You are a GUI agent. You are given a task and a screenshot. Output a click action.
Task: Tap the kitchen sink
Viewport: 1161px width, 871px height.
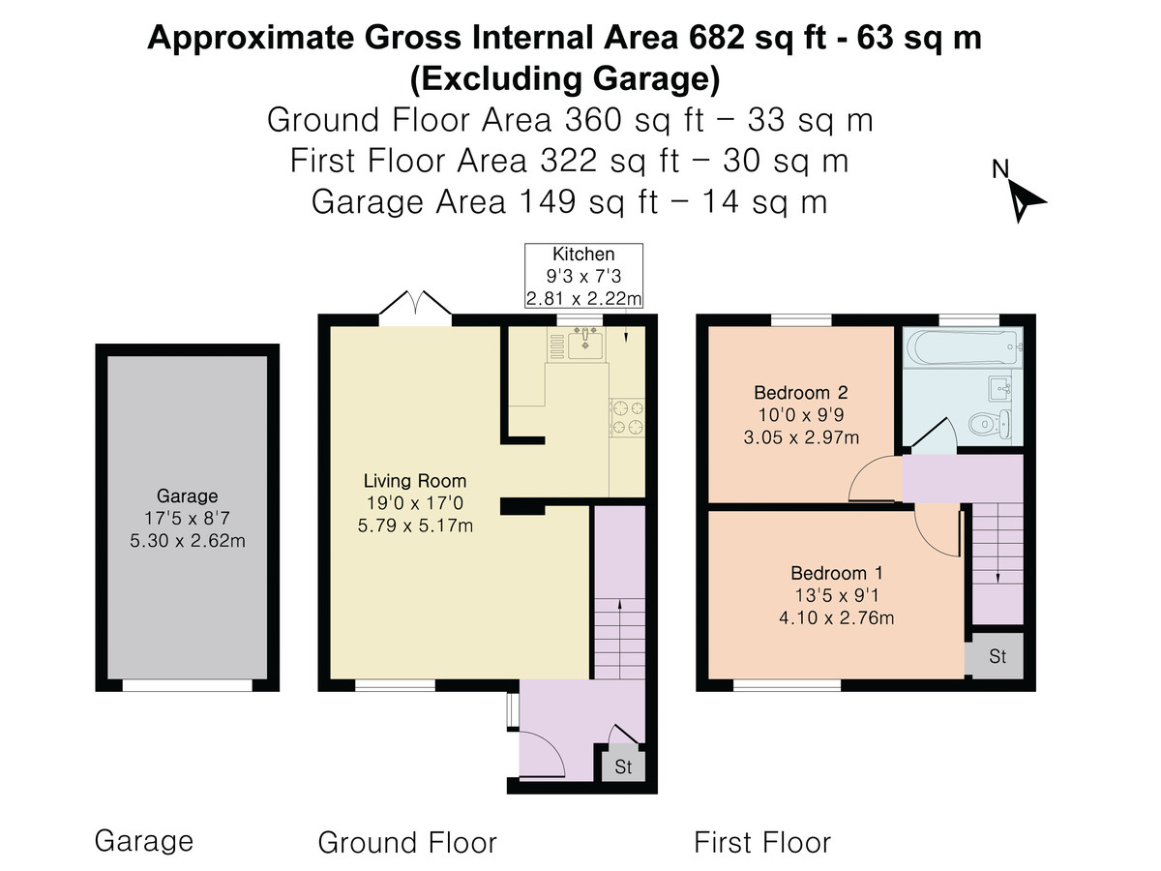(585, 344)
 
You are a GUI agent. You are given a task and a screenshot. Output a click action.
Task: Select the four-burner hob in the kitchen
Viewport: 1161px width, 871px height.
(627, 417)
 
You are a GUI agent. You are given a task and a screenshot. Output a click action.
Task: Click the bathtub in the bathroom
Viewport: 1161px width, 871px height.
(964, 346)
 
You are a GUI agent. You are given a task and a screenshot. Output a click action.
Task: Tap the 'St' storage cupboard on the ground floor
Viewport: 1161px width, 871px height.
(624, 766)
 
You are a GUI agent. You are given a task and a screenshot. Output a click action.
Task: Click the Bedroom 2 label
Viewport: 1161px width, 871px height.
(801, 393)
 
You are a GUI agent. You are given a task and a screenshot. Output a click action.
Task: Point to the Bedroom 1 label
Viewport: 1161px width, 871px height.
(836, 573)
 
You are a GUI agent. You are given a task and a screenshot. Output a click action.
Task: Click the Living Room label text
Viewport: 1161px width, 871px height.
(415, 481)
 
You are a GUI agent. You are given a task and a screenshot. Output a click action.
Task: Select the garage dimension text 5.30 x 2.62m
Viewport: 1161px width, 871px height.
(188, 540)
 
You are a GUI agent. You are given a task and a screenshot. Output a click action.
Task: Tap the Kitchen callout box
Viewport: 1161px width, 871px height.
(584, 276)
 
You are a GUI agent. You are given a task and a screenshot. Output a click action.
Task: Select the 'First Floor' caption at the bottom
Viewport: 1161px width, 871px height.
(762, 842)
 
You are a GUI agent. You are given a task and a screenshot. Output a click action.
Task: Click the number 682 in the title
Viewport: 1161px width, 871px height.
(718, 38)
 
